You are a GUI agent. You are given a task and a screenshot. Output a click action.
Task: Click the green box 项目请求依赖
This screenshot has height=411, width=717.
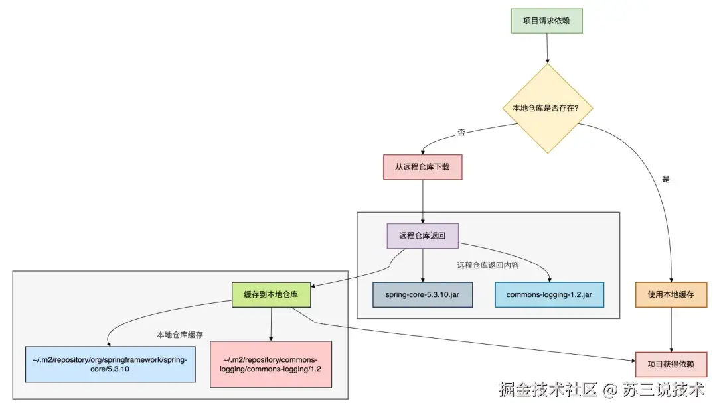547,21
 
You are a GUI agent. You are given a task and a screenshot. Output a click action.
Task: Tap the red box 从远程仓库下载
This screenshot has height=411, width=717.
423,167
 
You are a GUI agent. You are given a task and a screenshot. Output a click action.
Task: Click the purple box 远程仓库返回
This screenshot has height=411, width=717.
422,235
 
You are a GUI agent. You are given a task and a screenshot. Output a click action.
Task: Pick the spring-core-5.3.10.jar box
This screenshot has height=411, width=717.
422,294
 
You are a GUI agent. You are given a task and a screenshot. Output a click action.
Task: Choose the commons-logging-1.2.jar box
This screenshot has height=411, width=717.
549,294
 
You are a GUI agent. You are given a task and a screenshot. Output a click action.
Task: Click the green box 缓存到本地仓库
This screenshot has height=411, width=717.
271,294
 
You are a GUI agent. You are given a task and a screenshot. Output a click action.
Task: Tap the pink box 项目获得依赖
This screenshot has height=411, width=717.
671,364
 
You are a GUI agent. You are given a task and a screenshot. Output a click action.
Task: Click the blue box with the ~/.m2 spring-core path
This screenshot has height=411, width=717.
110,363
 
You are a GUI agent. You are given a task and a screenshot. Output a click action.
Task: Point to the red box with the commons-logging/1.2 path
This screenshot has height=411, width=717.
270,364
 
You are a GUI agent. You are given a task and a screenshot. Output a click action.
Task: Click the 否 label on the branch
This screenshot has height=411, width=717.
461,133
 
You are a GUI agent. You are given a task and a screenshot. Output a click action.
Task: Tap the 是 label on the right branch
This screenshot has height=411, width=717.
666,180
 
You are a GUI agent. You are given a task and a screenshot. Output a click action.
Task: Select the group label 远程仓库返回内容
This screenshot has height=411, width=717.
488,265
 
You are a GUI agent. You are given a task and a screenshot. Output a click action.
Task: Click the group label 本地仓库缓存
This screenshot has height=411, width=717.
180,334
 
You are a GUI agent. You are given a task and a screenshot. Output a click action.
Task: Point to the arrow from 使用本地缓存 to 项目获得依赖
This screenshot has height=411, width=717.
674,329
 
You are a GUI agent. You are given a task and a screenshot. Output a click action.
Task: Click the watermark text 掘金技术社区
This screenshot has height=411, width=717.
548,390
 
